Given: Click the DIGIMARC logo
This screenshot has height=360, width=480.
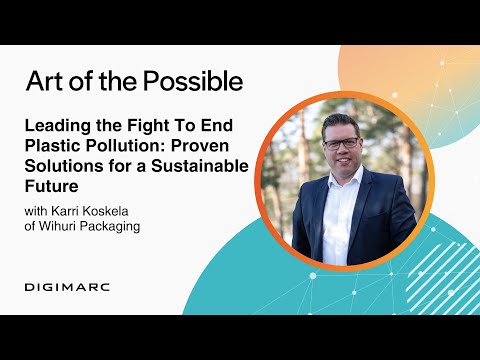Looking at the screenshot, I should pos(67,287).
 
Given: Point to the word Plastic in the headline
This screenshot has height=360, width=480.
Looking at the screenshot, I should pos(53,147).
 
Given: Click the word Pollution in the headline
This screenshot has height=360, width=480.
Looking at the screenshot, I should pos(125,147).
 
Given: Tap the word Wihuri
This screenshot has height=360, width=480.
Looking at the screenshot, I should pos(64,227).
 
